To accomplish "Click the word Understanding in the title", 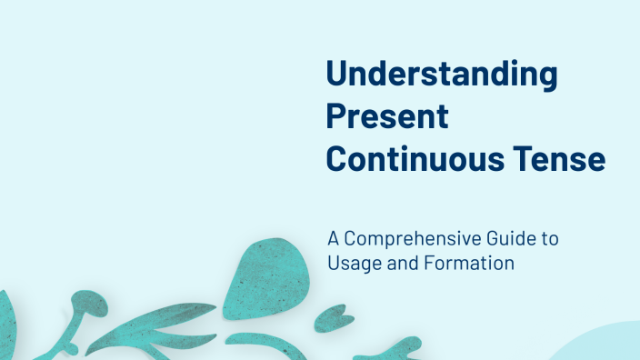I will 442,75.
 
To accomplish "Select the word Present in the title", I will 387,117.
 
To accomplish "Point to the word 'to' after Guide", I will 549,239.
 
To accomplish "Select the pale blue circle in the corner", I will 605,345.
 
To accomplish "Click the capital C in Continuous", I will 338,158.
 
